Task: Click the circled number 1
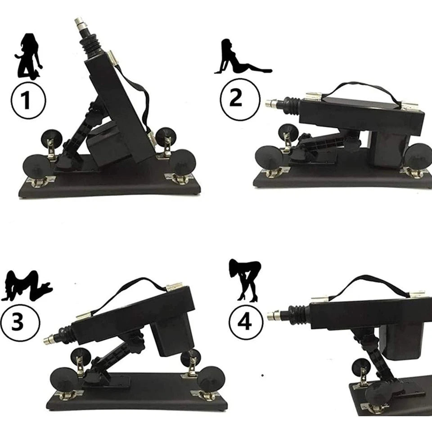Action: point(28,100)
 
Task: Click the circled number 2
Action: point(240,99)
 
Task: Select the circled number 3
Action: point(20,322)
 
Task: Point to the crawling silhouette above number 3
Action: point(27,285)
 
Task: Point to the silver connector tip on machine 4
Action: point(274,315)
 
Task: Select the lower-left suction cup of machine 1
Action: point(37,167)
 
